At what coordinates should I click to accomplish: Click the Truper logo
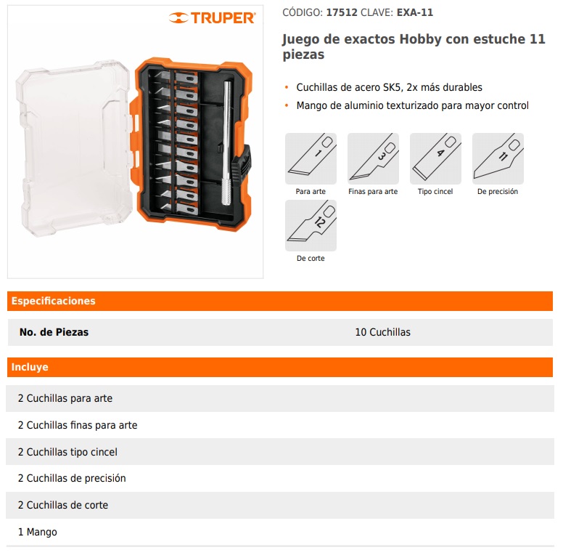tap(212, 17)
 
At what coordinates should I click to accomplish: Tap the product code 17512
tap(342, 12)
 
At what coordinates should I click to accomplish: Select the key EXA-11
tap(415, 12)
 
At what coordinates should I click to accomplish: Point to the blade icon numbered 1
tap(311, 158)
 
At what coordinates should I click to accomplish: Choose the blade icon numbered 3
tap(373, 158)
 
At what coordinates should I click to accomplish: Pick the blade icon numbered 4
tap(435, 158)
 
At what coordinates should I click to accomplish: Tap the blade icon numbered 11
tap(498, 158)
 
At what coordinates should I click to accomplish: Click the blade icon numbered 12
tap(311, 225)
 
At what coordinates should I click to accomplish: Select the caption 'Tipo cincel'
tap(435, 192)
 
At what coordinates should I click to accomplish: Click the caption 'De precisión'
tap(498, 192)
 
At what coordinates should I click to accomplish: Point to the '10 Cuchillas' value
tap(383, 332)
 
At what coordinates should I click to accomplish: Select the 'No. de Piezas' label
tap(54, 332)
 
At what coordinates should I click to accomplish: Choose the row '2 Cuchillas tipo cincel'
tap(67, 452)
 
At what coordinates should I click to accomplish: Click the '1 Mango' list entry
tap(37, 532)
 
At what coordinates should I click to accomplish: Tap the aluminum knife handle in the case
tap(228, 143)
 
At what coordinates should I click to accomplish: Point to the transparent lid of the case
tap(74, 147)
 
